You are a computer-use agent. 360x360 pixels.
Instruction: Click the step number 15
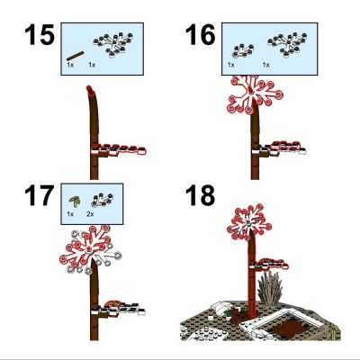coord(40,35)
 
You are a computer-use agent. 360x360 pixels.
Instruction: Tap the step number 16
coord(201,35)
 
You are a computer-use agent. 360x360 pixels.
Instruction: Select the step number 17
coord(40,195)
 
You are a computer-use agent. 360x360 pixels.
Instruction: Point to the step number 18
coord(201,195)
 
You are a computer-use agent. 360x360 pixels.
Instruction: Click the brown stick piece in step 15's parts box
coord(75,56)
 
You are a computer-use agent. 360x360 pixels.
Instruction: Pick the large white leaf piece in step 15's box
coord(113,44)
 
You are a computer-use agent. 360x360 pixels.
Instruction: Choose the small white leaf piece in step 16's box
coord(243,50)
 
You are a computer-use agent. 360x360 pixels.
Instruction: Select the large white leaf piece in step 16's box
coord(287,44)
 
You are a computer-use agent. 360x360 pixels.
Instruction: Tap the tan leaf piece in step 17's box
coord(75,201)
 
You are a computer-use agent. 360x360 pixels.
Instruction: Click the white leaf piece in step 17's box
coord(102,200)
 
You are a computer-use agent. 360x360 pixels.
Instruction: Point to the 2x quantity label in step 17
coord(90,214)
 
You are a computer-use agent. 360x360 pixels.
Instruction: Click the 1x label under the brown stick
coord(70,65)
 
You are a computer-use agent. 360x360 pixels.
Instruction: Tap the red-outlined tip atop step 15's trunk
coord(91,89)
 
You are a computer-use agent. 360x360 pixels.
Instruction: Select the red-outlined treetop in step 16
coord(255,94)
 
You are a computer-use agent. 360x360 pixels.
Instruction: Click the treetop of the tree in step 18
coord(249,222)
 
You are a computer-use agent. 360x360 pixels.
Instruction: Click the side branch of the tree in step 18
coord(270,265)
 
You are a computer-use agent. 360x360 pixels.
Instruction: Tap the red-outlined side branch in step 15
coord(119,150)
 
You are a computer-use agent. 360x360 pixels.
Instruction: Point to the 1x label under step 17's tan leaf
coord(70,214)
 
